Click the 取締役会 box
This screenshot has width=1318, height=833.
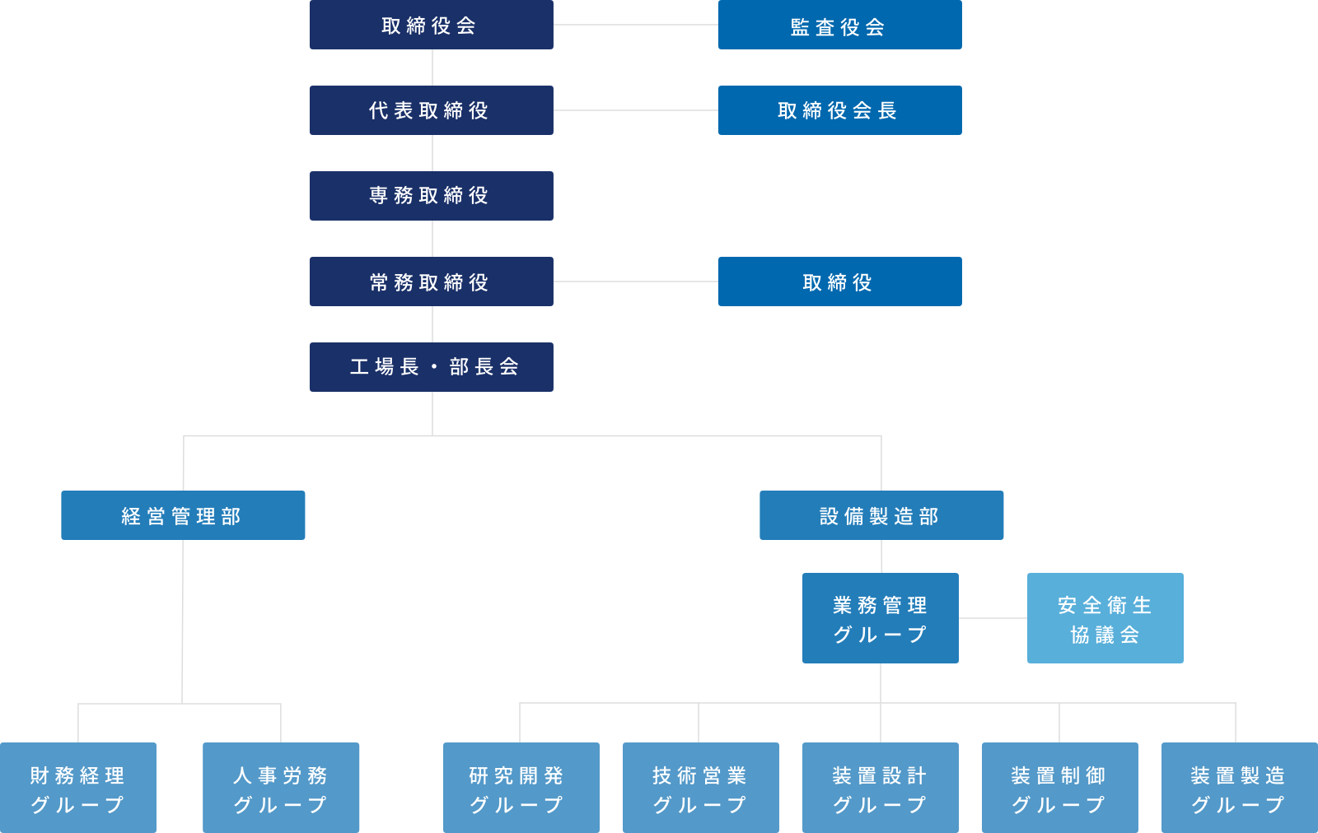click(x=432, y=25)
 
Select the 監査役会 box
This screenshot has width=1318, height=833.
click(x=839, y=25)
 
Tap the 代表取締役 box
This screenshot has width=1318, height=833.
click(x=432, y=110)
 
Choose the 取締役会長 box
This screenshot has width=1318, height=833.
click(x=839, y=110)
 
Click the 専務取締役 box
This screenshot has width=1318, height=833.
click(x=432, y=196)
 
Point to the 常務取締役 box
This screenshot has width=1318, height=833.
click(x=432, y=282)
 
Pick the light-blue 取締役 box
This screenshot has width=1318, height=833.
click(x=839, y=282)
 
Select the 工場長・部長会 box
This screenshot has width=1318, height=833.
click(x=432, y=367)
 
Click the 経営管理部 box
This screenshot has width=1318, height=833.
click(x=183, y=515)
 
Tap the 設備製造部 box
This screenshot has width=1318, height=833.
click(x=881, y=515)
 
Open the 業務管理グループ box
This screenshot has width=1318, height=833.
click(x=881, y=618)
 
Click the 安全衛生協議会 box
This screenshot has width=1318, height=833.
click(x=1105, y=618)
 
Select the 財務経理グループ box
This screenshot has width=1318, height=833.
click(x=78, y=788)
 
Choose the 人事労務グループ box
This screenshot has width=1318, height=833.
click(x=281, y=788)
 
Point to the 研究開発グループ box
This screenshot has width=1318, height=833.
click(x=521, y=788)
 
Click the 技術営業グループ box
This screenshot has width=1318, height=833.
click(x=701, y=788)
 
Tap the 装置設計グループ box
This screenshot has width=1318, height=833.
click(x=881, y=788)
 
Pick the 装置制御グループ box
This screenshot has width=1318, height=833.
click(x=1059, y=788)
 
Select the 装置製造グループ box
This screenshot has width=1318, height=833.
click(x=1240, y=788)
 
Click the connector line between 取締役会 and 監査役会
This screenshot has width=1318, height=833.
click(x=636, y=25)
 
